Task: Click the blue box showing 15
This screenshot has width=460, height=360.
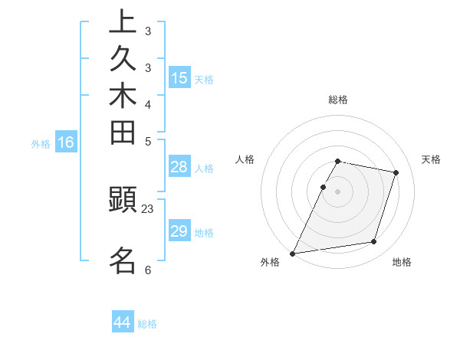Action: click(x=179, y=77)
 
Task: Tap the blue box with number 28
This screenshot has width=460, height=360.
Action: click(x=179, y=167)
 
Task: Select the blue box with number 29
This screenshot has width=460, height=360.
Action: click(x=179, y=231)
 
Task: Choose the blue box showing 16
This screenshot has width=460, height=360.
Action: click(x=66, y=142)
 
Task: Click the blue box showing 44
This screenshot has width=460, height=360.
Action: click(x=123, y=322)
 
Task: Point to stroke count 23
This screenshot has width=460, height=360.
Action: click(x=148, y=208)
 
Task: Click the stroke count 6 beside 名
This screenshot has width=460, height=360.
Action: click(x=148, y=270)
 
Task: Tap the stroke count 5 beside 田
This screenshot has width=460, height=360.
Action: click(x=148, y=141)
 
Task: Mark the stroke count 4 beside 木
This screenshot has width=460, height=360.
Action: click(x=148, y=104)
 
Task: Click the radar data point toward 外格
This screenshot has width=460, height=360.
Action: click(x=293, y=254)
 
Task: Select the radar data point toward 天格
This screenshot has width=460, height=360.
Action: click(x=396, y=172)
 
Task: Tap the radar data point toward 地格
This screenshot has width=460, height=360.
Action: click(x=374, y=242)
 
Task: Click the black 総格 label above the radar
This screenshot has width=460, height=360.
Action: click(x=338, y=100)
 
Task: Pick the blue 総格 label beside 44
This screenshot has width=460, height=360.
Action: click(x=148, y=324)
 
